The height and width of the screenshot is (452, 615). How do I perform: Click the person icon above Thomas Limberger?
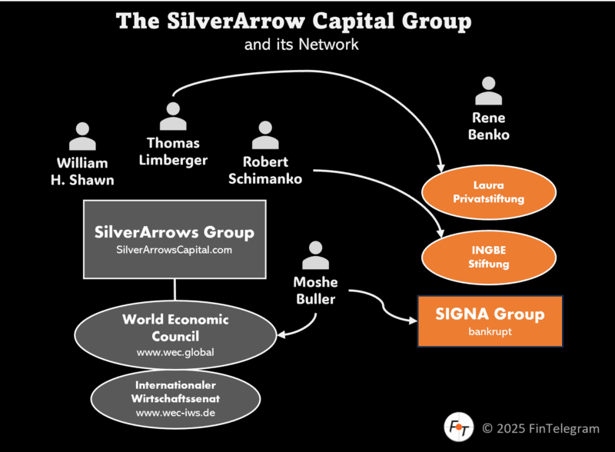tap(173, 116)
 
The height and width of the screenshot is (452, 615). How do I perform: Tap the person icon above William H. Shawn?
tap(82, 136)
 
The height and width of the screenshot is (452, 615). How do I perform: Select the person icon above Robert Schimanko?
tap(264, 135)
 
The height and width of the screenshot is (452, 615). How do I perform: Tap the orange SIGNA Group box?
tap(490, 320)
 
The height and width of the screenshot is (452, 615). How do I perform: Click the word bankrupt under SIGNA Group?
tap(490, 333)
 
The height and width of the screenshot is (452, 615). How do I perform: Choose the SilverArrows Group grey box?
tap(175, 238)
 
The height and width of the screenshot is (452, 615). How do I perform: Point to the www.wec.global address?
tap(175, 353)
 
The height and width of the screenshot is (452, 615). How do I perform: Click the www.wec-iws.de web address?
tap(175, 413)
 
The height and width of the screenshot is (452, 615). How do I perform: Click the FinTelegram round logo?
tap(459, 426)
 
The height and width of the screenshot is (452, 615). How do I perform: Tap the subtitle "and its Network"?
tap(301, 44)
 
